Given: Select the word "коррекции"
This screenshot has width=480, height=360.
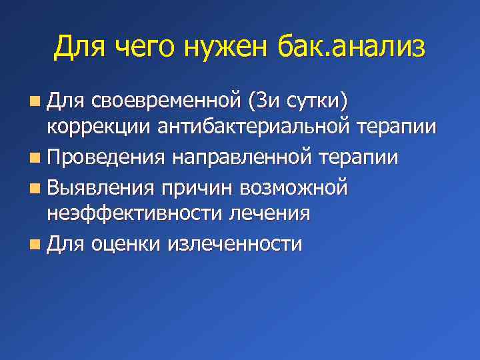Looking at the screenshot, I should pos(99,128).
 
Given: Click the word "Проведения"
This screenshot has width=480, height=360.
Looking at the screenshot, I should pos(107,158).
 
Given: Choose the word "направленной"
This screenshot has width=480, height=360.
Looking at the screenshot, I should pos(242,158).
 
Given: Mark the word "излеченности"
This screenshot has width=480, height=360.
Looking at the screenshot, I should pos(235,244).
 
